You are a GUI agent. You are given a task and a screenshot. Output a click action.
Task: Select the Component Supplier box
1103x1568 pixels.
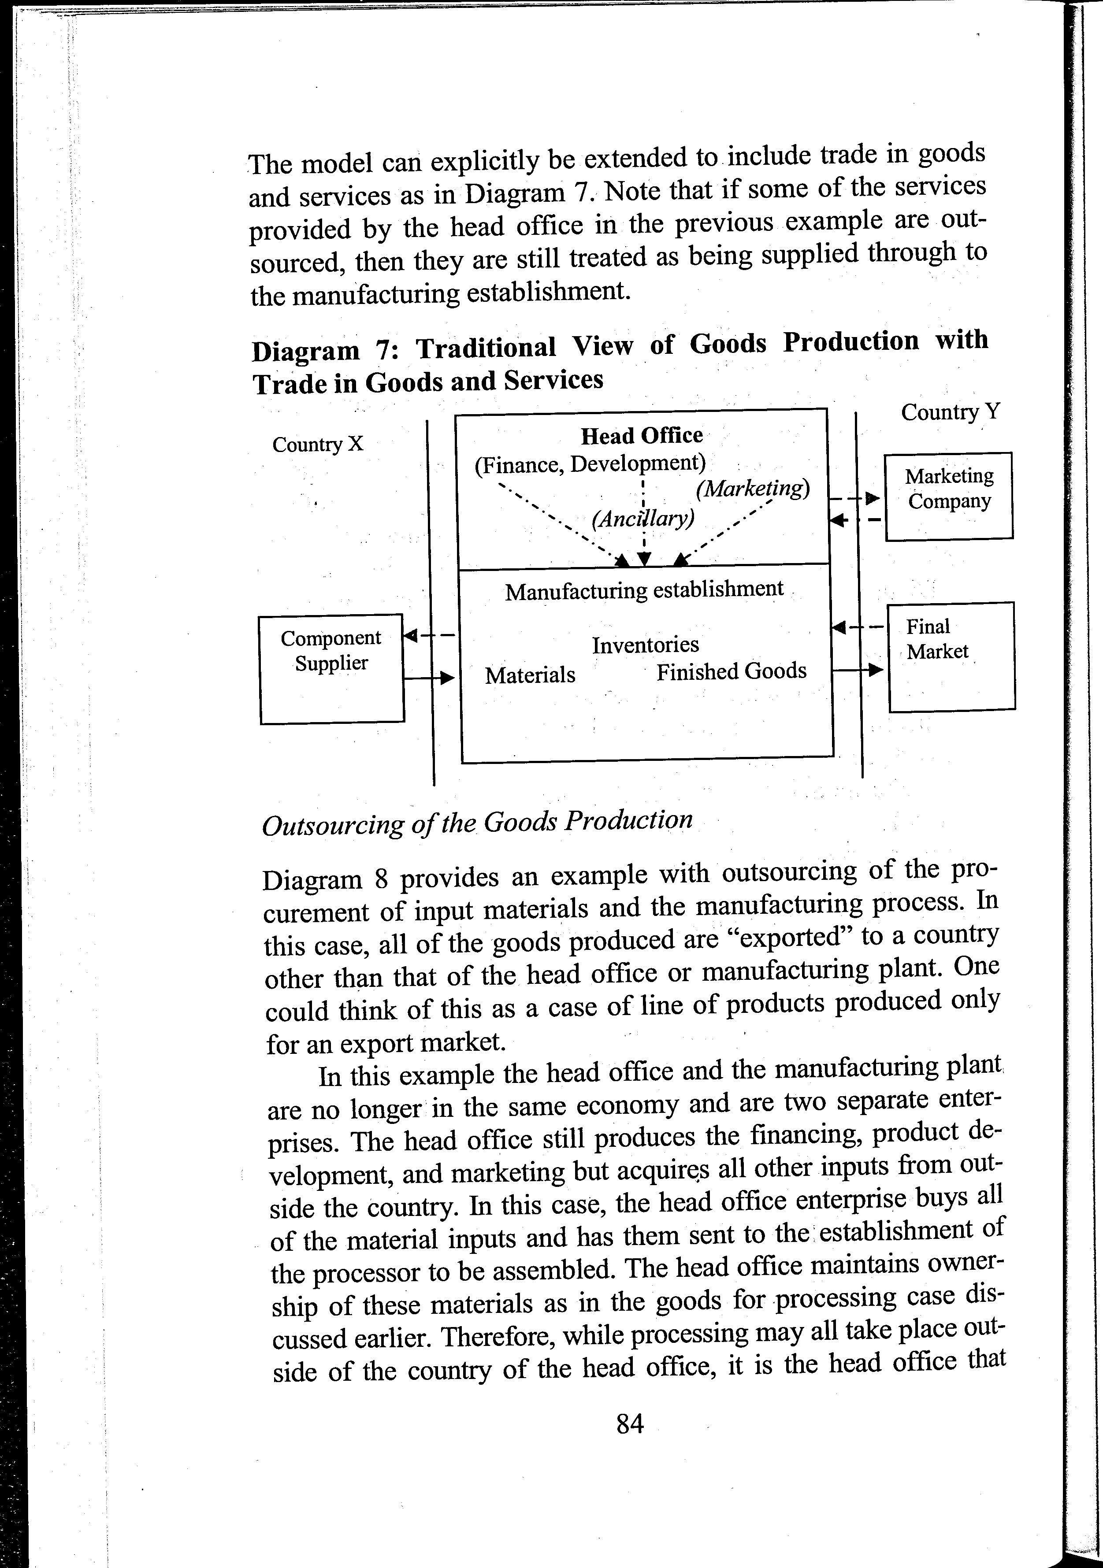point(332,669)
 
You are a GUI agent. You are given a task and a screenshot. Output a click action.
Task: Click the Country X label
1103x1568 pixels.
point(318,445)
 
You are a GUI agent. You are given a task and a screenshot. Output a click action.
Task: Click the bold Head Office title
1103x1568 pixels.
point(641,436)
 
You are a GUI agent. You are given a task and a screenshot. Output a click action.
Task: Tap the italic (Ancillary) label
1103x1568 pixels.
point(642,519)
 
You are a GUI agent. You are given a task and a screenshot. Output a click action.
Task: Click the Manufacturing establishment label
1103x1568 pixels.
point(644,590)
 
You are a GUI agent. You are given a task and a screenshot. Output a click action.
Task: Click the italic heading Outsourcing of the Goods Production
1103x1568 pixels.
point(477,823)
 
